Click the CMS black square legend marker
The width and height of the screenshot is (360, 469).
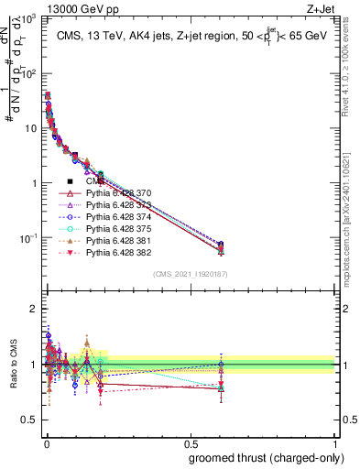pyautogui.click(x=71, y=182)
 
